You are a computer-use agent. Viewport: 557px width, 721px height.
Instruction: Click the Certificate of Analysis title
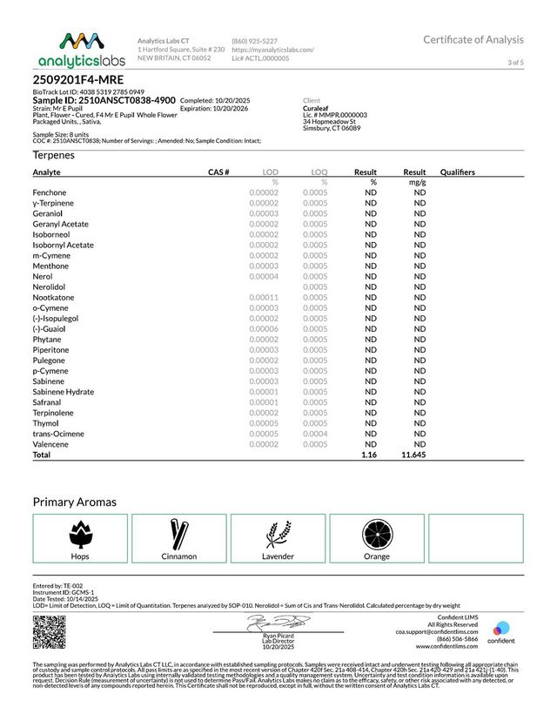pos(473,39)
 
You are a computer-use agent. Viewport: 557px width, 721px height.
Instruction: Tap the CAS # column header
pos(218,172)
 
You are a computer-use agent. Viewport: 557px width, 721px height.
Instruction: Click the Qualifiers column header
pos(458,172)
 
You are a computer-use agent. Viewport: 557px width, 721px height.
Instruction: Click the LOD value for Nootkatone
pos(263,297)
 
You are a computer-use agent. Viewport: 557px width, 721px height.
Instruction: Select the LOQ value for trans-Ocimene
pos(315,434)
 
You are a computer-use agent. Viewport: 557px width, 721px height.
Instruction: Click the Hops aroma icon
pos(79,531)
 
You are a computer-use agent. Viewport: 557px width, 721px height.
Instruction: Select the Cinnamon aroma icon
pos(179,531)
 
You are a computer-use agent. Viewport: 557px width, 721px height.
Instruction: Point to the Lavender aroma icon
pos(278,531)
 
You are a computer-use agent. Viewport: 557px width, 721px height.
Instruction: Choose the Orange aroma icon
pos(377,531)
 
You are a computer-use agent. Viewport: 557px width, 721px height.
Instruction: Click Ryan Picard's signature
pos(276,623)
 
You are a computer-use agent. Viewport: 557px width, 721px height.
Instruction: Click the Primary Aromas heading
pos(74,502)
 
